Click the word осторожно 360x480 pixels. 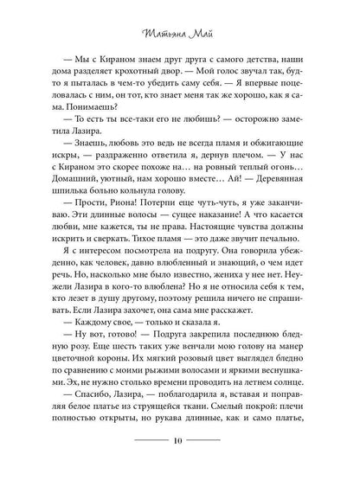coord(251,136)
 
